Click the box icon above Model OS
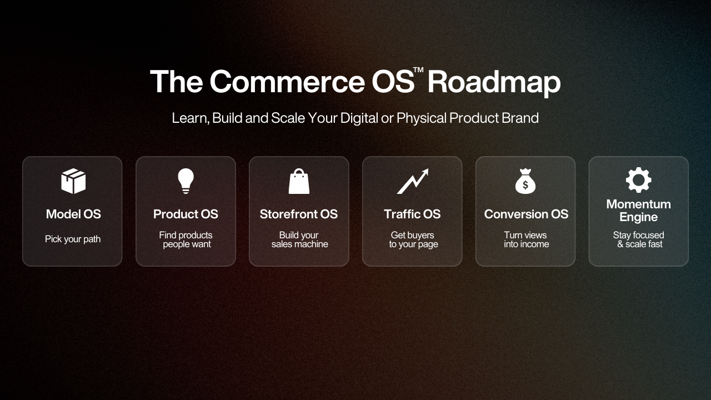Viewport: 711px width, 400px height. pos(73,181)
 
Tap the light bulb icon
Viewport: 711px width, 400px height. pos(186,181)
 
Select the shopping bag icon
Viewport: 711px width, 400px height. pos(299,181)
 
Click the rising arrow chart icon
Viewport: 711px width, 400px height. pos(413,181)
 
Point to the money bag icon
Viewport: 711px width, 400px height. pos(525,181)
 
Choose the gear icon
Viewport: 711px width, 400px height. pos(639,180)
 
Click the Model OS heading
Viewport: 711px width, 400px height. pos(73,214)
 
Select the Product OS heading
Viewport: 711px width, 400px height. pos(186,214)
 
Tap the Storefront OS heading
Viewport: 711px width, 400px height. pos(299,214)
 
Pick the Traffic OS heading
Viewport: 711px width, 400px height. pos(412,214)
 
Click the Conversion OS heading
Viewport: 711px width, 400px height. pos(526,214)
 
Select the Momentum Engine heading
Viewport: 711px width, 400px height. pos(639,211)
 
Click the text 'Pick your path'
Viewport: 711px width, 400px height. pos(73,239)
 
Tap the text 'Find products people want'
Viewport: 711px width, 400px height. pos(186,239)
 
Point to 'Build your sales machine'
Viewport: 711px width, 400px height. pos(299,239)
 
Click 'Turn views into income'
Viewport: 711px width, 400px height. pos(526,239)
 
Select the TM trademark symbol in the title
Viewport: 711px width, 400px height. pos(418,70)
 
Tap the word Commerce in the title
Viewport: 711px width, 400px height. pos(288,82)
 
